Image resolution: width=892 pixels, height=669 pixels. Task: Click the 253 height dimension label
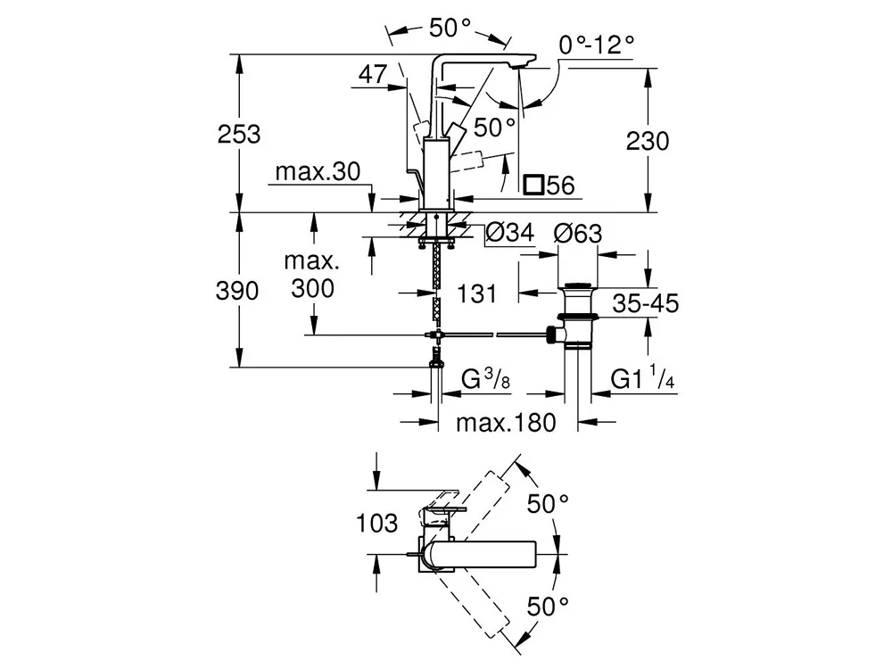pos(240,135)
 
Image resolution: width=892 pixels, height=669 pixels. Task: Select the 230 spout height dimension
pos(648,141)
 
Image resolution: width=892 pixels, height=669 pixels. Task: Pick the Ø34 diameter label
pos(508,234)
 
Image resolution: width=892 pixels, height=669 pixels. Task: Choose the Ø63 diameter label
pos(578,234)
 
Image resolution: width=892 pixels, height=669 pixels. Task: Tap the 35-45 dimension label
pos(646,303)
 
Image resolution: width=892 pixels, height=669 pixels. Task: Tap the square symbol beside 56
pos(533,186)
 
